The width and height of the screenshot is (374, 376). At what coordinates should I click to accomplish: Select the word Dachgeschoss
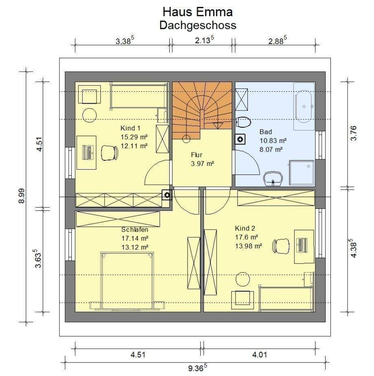tap(197, 25)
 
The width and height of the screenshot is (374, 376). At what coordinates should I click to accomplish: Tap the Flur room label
tap(197, 155)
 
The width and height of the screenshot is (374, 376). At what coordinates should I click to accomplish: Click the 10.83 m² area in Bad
tap(273, 140)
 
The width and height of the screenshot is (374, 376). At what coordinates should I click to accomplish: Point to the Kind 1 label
tap(130, 128)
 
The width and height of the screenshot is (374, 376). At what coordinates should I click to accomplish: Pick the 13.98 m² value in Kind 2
tap(248, 246)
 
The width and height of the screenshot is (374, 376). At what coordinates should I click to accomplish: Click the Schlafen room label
tap(134, 229)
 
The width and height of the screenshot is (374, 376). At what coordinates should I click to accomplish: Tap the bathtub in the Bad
tap(304, 105)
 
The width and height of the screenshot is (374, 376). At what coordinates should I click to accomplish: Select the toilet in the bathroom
tap(244, 122)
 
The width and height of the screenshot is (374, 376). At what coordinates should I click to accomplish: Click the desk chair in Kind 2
tap(281, 246)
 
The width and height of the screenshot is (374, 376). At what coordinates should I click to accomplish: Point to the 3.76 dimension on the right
tap(353, 133)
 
